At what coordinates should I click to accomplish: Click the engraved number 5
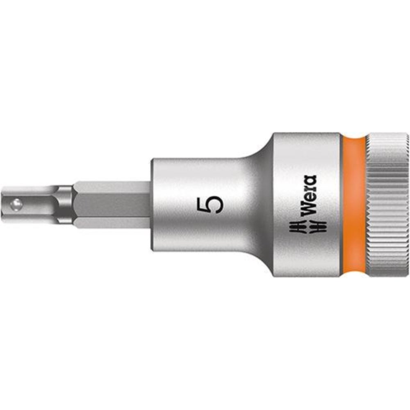click(x=210, y=205)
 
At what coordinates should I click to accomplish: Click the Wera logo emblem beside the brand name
click(x=307, y=226)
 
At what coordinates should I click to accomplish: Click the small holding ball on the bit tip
click(x=16, y=205)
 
